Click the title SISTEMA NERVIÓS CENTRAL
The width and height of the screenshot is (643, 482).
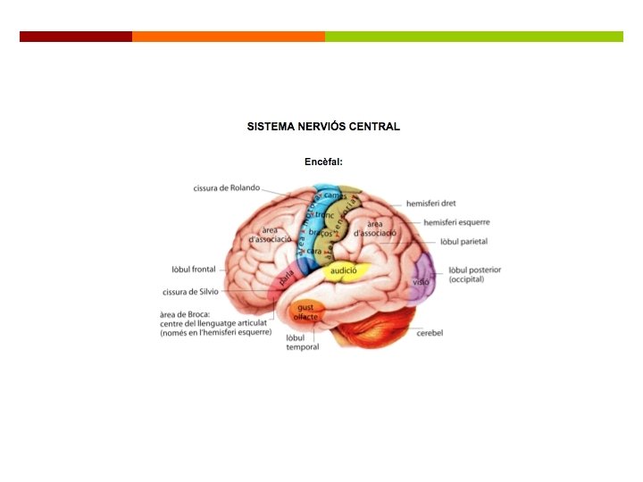[323, 127]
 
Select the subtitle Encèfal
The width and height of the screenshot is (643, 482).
[323, 162]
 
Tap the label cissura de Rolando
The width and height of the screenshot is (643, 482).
[227, 187]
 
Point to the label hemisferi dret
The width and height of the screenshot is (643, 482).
[430, 204]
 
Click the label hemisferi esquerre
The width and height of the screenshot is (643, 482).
[456, 222]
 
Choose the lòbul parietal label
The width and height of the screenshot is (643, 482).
[463, 242]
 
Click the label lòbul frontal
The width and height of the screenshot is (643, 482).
[194, 269]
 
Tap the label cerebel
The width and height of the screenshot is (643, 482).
[430, 333]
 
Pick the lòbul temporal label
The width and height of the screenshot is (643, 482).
[303, 343]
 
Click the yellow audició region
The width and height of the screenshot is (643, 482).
[344, 270]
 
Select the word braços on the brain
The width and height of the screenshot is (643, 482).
[321, 234]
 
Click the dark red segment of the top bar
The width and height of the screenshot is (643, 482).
[76, 37]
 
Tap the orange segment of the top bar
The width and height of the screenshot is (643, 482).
[229, 37]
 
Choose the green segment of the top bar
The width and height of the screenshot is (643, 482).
[474, 37]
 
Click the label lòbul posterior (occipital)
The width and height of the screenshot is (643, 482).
[474, 274]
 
